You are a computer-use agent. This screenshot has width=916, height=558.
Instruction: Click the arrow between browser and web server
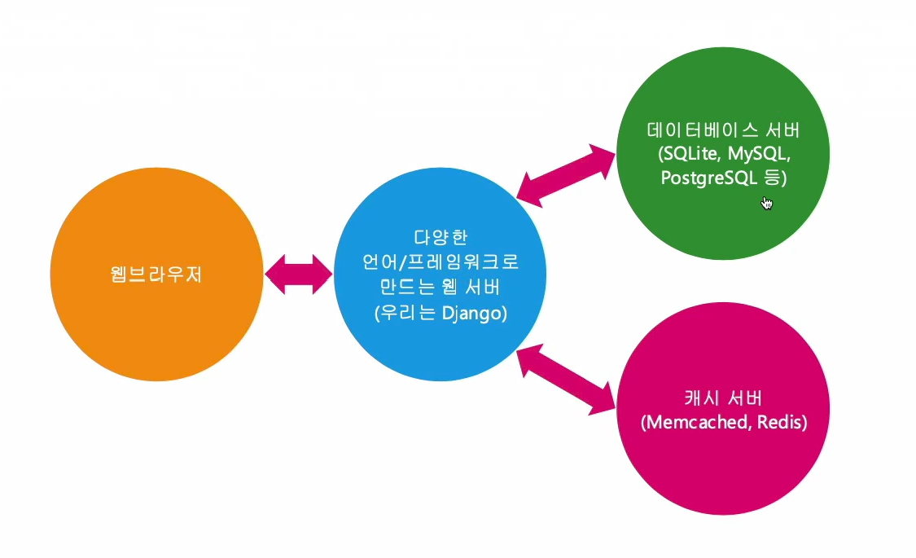[x=299, y=274]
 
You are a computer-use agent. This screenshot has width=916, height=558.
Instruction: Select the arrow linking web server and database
[x=567, y=174]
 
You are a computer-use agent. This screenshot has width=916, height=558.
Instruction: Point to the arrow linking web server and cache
[x=567, y=379]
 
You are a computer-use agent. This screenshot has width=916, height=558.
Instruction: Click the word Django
[x=475, y=314]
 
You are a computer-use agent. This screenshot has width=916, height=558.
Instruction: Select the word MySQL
[x=761, y=154]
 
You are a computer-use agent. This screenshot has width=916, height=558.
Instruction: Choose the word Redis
[x=780, y=423]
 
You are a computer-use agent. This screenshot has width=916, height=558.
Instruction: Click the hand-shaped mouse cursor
[x=766, y=202]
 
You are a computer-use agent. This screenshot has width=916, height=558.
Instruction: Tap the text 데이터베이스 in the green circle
[x=699, y=130]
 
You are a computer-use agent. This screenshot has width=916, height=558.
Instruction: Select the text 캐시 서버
[x=723, y=399]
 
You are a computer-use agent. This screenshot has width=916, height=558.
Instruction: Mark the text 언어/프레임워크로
[x=440, y=263]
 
